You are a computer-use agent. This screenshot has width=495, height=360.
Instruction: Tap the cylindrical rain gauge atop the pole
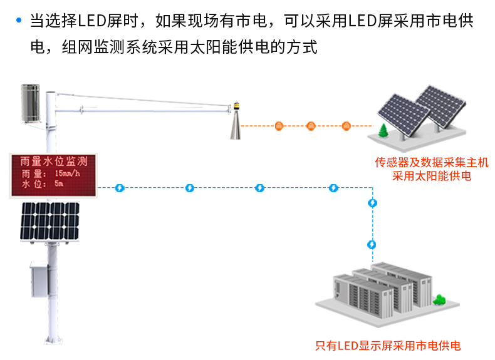point(29,103)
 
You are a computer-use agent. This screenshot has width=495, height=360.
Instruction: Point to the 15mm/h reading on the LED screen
point(67,173)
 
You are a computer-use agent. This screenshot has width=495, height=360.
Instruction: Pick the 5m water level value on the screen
point(60,185)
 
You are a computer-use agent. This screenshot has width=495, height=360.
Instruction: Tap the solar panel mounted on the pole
point(51,221)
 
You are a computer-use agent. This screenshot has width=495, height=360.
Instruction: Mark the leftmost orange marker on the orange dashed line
point(279,126)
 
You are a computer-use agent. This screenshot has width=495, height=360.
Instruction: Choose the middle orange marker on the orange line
point(311,126)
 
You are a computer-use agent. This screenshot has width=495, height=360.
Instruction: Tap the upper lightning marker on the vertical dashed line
point(373,203)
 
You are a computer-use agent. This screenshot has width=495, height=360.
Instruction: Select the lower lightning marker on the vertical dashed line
point(373,244)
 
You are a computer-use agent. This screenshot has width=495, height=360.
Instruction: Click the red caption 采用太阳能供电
point(431,177)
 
